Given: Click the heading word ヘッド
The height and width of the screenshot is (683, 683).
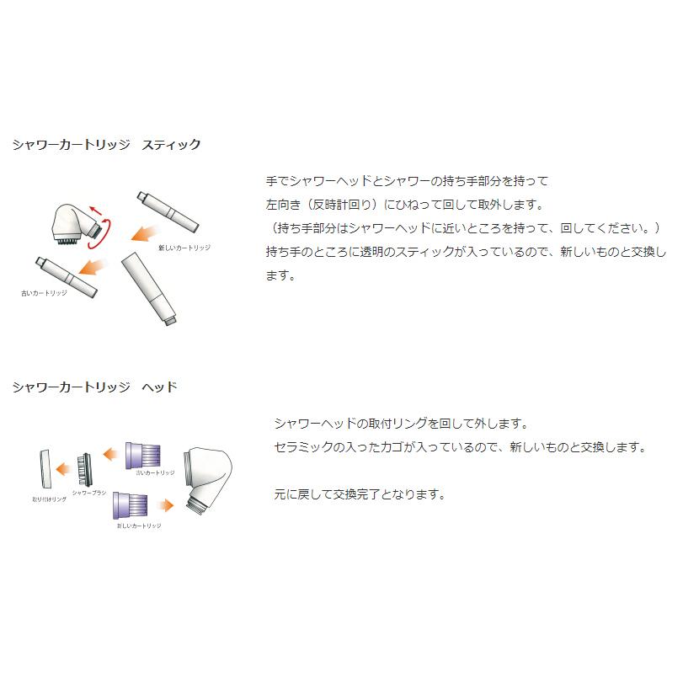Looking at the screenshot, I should coord(159,387).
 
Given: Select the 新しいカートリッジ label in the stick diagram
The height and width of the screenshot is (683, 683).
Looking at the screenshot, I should coord(184,248).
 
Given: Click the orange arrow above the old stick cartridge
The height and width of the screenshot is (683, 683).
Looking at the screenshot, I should coord(92,268).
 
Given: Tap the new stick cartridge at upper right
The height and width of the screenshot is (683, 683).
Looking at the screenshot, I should coord(168,211).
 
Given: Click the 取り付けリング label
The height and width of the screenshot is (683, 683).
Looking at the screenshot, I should coord(49,499).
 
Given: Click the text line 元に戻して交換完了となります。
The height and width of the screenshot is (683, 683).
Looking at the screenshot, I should coord(360,495).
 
